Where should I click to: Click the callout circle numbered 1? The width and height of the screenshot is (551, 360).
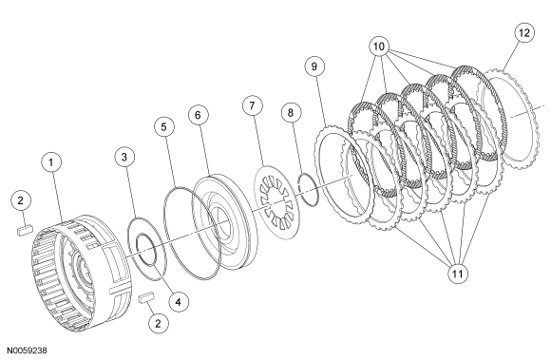pyautogui.click(x=51, y=161)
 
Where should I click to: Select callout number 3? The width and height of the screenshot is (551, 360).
pyautogui.click(x=124, y=157)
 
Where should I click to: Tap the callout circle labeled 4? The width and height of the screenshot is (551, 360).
pyautogui.click(x=179, y=302)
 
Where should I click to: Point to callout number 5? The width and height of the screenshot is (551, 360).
pyautogui.click(x=164, y=126)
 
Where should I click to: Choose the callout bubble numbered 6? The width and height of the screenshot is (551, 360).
pyautogui.click(x=198, y=115)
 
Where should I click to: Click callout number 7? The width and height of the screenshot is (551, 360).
pyautogui.click(x=252, y=105)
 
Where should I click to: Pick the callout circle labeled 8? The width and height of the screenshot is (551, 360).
pyautogui.click(x=291, y=113)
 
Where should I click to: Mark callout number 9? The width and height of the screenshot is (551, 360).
pyautogui.click(x=314, y=66)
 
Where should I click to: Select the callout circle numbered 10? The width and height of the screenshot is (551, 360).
pyautogui.click(x=379, y=47)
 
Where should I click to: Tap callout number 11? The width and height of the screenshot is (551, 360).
pyautogui.click(x=458, y=274)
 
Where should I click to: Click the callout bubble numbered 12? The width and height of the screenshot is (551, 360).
pyautogui.click(x=524, y=32)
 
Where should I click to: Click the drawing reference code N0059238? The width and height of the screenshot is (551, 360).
pyautogui.click(x=27, y=351)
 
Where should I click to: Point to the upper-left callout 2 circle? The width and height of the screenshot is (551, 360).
pyautogui.click(x=21, y=200)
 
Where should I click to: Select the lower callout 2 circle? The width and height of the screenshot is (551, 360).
pyautogui.click(x=158, y=324)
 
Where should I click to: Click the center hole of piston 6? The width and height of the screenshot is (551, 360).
pyautogui.click(x=220, y=224)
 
